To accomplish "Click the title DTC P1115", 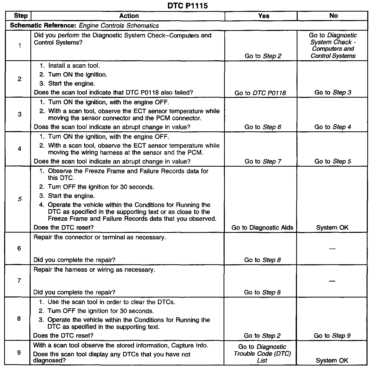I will pyautogui.click(x=187, y=5).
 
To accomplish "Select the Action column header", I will pyautogui.click(x=129, y=16).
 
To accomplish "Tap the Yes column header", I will pyautogui.click(x=263, y=16).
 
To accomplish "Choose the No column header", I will pyautogui.click(x=333, y=16).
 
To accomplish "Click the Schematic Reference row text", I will pyautogui.click(x=84, y=25).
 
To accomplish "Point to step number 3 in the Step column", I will pyautogui.click(x=20, y=114).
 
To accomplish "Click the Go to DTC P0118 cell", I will pyautogui.click(x=260, y=93).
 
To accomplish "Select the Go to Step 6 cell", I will pyautogui.click(x=263, y=127).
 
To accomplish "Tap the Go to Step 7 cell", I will pyautogui.click(x=263, y=161).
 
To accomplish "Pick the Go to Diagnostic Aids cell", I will pyautogui.click(x=262, y=227).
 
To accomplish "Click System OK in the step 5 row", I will pyautogui.click(x=332, y=227).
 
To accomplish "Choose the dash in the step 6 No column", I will pyautogui.click(x=332, y=249).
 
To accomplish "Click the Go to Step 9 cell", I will pyautogui.click(x=332, y=336).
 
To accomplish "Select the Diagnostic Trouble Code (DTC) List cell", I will pyautogui.click(x=262, y=353).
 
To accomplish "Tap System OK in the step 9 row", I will pyautogui.click(x=332, y=361).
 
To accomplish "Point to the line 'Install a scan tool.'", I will pyautogui.click(x=74, y=66).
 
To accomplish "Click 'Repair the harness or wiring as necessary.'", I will pyautogui.click(x=94, y=270).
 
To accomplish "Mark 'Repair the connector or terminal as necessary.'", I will pyautogui.click(x=100, y=237).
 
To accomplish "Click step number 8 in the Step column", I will pyautogui.click(x=19, y=319).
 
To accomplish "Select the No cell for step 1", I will pyautogui.click(x=333, y=46).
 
